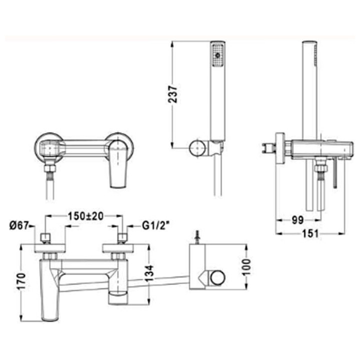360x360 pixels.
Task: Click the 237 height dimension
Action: coord(172,94)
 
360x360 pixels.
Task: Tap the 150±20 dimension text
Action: coord(85,216)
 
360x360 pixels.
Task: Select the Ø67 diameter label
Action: coord(19,225)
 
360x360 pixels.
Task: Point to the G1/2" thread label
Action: coord(156,225)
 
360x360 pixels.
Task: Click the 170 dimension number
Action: coord(21,281)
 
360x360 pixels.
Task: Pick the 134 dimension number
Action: coord(149,273)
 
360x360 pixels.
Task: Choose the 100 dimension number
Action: coord(246,267)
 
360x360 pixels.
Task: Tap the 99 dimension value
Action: coord(297,220)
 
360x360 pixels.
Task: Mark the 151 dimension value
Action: coord(310,233)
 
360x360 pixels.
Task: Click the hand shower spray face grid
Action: coord(217,55)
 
